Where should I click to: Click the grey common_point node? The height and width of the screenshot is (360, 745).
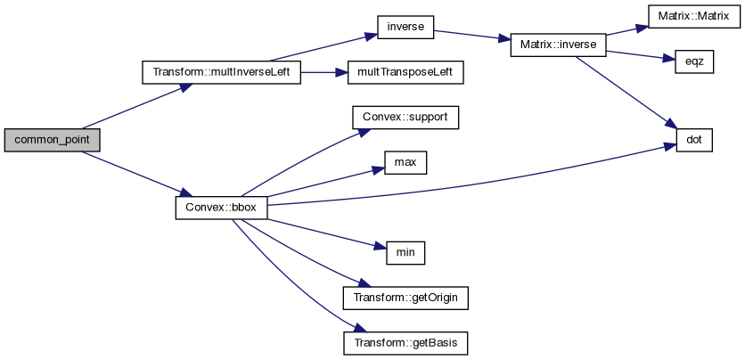pos(51,140)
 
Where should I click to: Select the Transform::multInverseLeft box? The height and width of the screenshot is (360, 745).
pos(222,72)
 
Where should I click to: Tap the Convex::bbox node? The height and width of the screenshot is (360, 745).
pos(220,208)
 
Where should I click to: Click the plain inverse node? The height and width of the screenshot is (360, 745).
pos(405,29)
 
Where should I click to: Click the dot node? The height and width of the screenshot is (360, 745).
pos(694,140)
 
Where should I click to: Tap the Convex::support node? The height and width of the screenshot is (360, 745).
pos(405,118)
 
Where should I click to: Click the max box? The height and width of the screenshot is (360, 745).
pos(405,163)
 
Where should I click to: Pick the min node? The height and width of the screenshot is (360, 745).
pos(405,252)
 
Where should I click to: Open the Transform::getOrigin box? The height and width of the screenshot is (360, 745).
pos(405,298)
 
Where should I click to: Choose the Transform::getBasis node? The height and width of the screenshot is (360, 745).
pos(405,343)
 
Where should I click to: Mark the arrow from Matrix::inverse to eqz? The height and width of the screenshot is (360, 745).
pos(636,53)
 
